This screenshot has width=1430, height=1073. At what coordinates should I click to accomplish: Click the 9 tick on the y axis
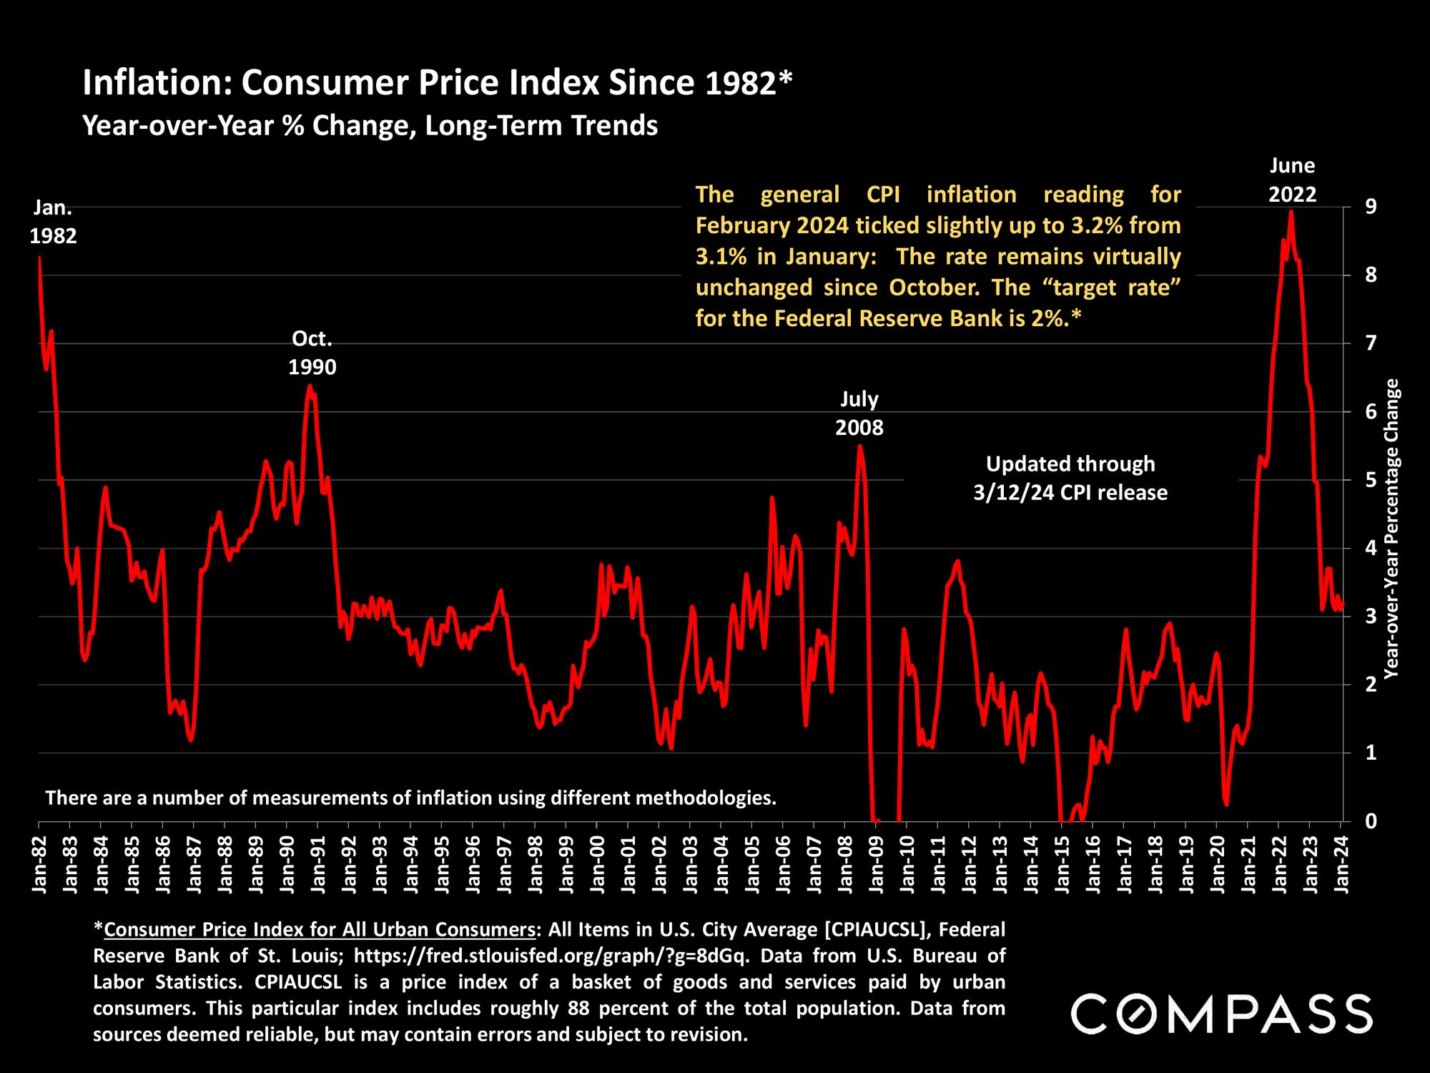click(1351, 207)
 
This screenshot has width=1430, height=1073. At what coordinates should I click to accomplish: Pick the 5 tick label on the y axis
click(1351, 480)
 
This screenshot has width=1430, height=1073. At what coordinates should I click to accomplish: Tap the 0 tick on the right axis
click(1351, 821)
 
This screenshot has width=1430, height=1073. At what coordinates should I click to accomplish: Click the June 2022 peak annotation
click(1292, 180)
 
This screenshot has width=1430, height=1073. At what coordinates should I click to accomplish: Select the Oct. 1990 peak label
click(312, 352)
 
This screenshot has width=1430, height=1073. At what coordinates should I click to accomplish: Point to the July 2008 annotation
click(859, 413)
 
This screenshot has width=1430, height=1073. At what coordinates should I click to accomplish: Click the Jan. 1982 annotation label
click(53, 222)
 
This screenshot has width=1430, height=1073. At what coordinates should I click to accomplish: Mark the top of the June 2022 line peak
click(1291, 211)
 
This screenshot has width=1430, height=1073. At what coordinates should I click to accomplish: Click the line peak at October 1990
click(310, 386)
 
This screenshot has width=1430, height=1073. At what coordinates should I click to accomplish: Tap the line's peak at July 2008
click(860, 446)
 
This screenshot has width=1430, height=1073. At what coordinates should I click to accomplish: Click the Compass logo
click(1221, 1013)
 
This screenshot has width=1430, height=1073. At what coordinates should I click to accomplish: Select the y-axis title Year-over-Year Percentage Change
click(1391, 529)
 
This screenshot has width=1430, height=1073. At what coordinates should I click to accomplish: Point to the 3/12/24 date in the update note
click(1014, 492)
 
